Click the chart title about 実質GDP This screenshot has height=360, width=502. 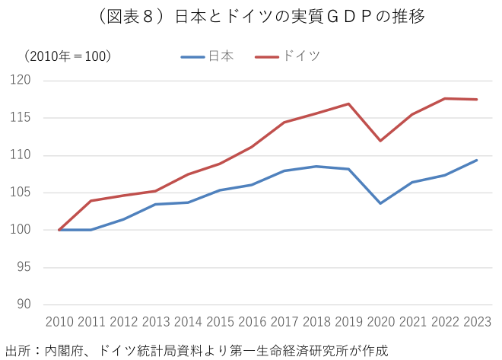point(251,16)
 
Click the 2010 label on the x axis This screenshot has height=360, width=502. point(59,323)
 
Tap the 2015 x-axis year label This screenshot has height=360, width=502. point(220,323)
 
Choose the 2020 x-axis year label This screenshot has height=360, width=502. point(380,323)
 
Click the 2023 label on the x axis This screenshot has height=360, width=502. point(477,323)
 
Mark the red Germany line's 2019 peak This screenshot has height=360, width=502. point(348,104)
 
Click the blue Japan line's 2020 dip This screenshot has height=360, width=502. point(380,203)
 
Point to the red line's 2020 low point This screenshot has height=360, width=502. point(380,141)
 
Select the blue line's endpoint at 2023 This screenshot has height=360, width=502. point(477,160)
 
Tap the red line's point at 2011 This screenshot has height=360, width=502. point(91,201)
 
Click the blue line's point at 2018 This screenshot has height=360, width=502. point(316,166)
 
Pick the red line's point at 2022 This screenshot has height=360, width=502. point(445,98)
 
